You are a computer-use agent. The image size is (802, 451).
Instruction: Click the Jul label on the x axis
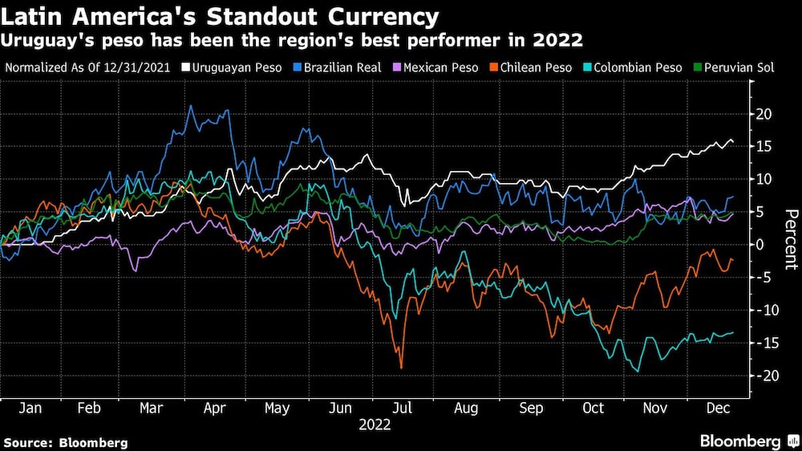[x=403, y=408]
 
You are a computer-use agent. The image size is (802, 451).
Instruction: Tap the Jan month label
[x=29, y=408]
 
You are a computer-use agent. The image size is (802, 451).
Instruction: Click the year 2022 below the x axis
[x=375, y=425]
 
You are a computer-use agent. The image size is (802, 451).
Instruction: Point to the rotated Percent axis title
[x=790, y=238]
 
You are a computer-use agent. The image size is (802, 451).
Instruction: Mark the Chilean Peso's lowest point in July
[x=401, y=368]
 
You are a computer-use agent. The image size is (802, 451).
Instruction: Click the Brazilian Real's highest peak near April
[x=190, y=106]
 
